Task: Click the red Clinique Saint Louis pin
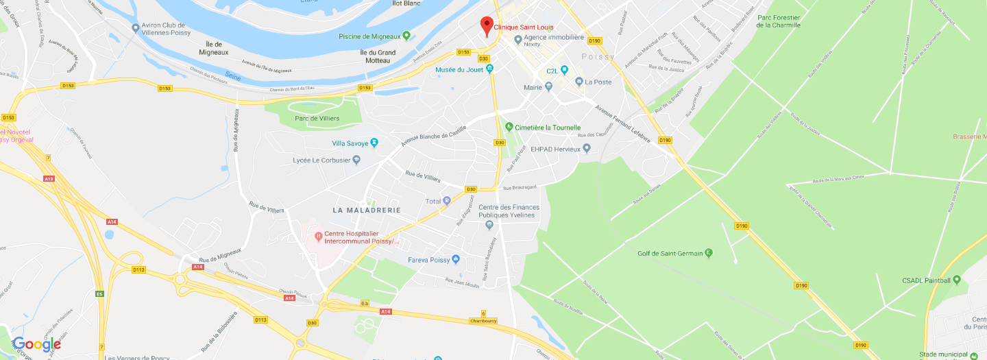pos(487,25)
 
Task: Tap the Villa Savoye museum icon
pos(374,143)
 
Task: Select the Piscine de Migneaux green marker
pos(406,36)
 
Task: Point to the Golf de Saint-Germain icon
pos(709,253)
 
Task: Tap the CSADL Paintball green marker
pos(957,280)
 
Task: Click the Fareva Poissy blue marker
pos(456,260)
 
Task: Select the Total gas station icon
pos(447,201)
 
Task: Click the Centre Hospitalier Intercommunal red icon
pos(318,237)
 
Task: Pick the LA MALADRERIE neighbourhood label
pos(366,209)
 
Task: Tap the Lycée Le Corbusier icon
pos(356,160)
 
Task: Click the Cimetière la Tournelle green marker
pos(509,127)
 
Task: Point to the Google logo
pos(36,344)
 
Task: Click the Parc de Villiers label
pos(317,119)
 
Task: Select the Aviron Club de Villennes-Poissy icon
pos(135,27)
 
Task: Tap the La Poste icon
pos(579,82)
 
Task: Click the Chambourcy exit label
pos(483,320)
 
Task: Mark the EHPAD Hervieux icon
pos(586,149)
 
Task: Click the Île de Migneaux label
pos(213,48)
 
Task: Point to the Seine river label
pos(233,77)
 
